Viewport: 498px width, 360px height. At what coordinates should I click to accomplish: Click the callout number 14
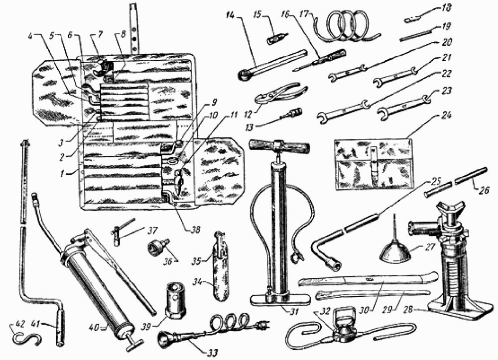pos(232,14)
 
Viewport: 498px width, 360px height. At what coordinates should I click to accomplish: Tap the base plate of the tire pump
pos(280,299)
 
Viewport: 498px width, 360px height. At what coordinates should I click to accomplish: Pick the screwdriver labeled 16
pos(320,60)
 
